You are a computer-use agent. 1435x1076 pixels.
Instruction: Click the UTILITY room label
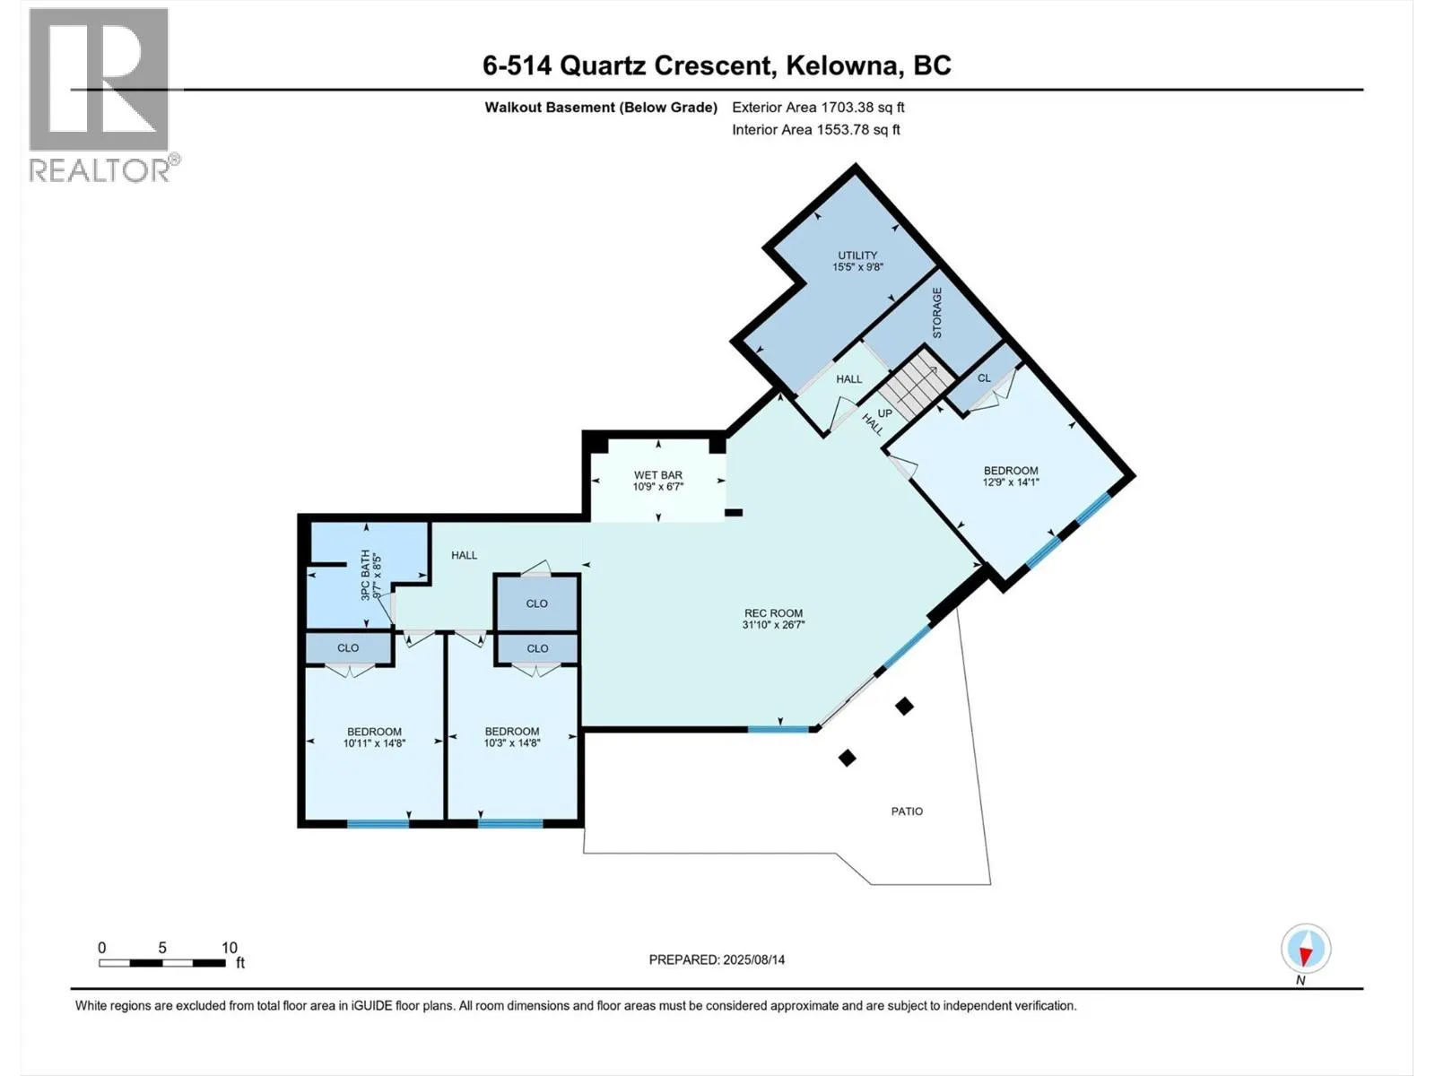tap(857, 256)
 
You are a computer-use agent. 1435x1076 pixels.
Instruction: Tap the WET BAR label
tap(658, 475)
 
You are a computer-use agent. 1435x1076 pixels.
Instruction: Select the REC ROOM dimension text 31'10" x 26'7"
tap(773, 625)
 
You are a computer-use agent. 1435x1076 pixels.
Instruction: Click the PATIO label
tap(907, 811)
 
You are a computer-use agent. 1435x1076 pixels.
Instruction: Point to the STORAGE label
tap(937, 312)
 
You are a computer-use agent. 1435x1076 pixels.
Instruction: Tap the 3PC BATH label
tap(365, 575)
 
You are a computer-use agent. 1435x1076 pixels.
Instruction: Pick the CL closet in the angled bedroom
tap(984, 377)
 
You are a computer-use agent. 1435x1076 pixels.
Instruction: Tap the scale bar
tap(162, 963)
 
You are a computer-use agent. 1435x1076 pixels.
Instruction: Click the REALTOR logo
tap(100, 94)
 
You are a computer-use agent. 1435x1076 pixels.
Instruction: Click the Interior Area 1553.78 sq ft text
tap(815, 130)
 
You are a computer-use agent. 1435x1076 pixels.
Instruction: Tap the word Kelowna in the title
tap(842, 65)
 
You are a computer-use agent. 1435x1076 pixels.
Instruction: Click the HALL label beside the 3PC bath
tap(464, 556)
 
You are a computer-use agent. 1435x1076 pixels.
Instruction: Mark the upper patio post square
tap(904, 707)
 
